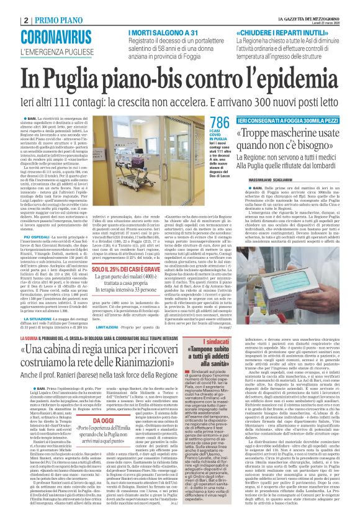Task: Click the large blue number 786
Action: pyautogui.click(x=220, y=122)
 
